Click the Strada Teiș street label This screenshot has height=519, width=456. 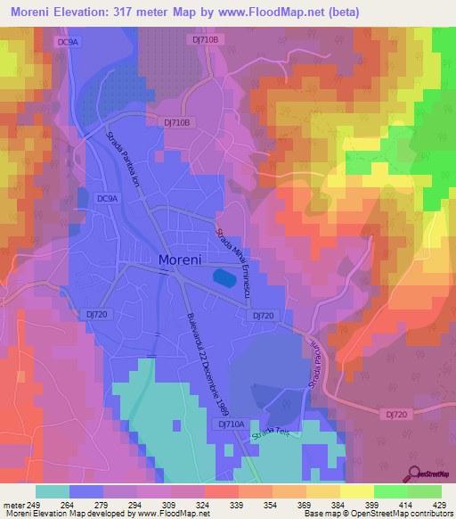click(273, 434)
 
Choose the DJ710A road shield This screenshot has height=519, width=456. click(231, 425)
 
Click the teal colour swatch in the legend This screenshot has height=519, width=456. click(53, 491)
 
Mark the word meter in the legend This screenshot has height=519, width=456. click(12, 504)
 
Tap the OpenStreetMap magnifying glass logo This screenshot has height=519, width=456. click(414, 474)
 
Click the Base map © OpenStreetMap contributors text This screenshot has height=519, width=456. click(377, 514)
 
